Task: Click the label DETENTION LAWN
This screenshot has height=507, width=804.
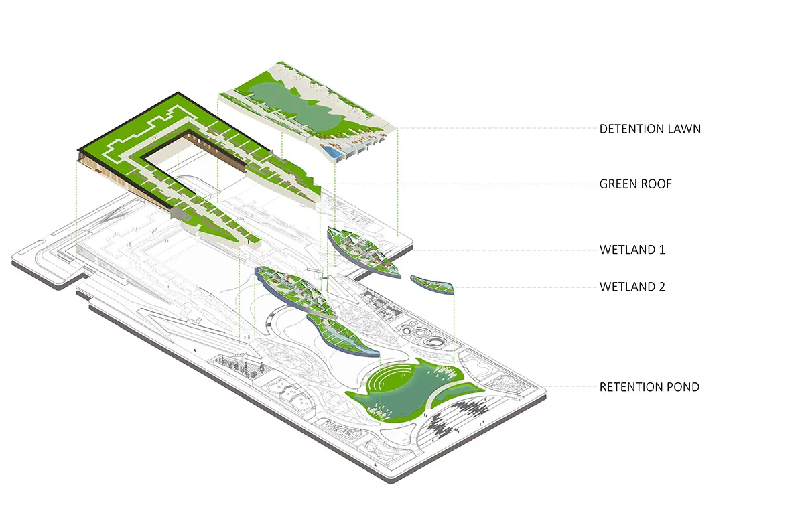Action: point(650,128)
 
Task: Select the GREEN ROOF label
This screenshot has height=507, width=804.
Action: point(635,184)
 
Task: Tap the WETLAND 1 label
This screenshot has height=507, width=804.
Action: point(632,250)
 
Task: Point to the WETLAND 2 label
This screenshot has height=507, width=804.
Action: point(632,287)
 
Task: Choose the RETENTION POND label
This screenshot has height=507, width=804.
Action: point(649,387)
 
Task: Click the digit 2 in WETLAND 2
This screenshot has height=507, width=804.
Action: point(661,287)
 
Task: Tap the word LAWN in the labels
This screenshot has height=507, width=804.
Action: point(683,128)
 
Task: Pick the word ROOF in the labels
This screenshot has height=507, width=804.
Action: point(655,184)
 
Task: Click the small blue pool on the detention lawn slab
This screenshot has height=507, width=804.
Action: point(331,152)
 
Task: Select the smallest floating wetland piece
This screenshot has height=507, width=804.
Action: point(432,284)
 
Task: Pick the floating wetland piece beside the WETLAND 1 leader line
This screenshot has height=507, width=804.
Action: point(362,251)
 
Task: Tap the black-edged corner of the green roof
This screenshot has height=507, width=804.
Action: point(177,94)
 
